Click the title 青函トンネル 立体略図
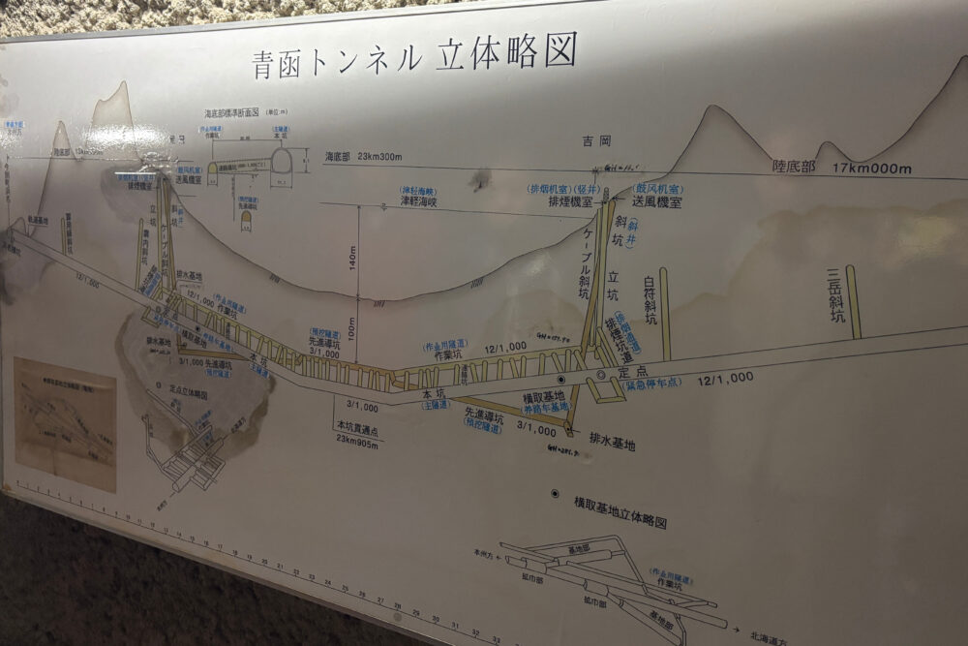click(413, 55)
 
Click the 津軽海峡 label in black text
click(418, 202)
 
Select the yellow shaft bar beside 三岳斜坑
click(853, 301)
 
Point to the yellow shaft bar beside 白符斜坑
click(665, 312)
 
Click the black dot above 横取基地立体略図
click(554, 493)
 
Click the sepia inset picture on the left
click(65, 424)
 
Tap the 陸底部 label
click(794, 167)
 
